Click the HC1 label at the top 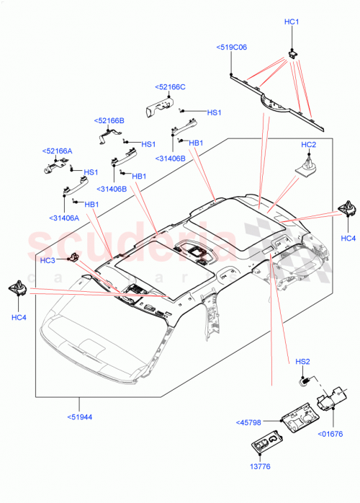point(291,22)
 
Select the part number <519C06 point(231,47)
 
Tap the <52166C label point(171,87)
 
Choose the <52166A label point(58,151)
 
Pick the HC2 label point(309,146)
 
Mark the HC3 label point(48,260)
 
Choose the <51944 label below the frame point(82,417)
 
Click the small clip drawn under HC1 point(292,50)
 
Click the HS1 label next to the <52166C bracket point(215,113)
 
